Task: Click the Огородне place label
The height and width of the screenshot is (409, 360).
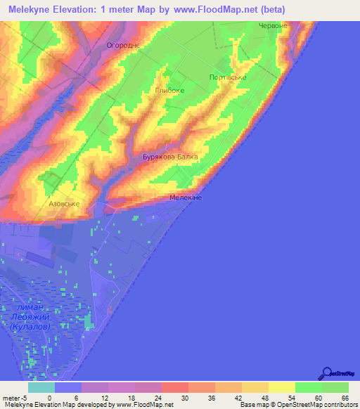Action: coord(123,45)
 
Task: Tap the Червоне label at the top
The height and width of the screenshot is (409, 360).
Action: coord(273,25)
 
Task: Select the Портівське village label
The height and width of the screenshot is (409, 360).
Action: coord(228,77)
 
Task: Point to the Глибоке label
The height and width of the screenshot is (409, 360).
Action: coord(169,91)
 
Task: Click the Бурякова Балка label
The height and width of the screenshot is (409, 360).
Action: coord(170,157)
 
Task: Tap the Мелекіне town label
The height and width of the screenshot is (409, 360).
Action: coord(186,199)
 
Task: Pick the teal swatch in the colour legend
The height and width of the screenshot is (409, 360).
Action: coord(41,387)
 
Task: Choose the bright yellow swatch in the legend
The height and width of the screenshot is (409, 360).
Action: coord(282,387)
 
